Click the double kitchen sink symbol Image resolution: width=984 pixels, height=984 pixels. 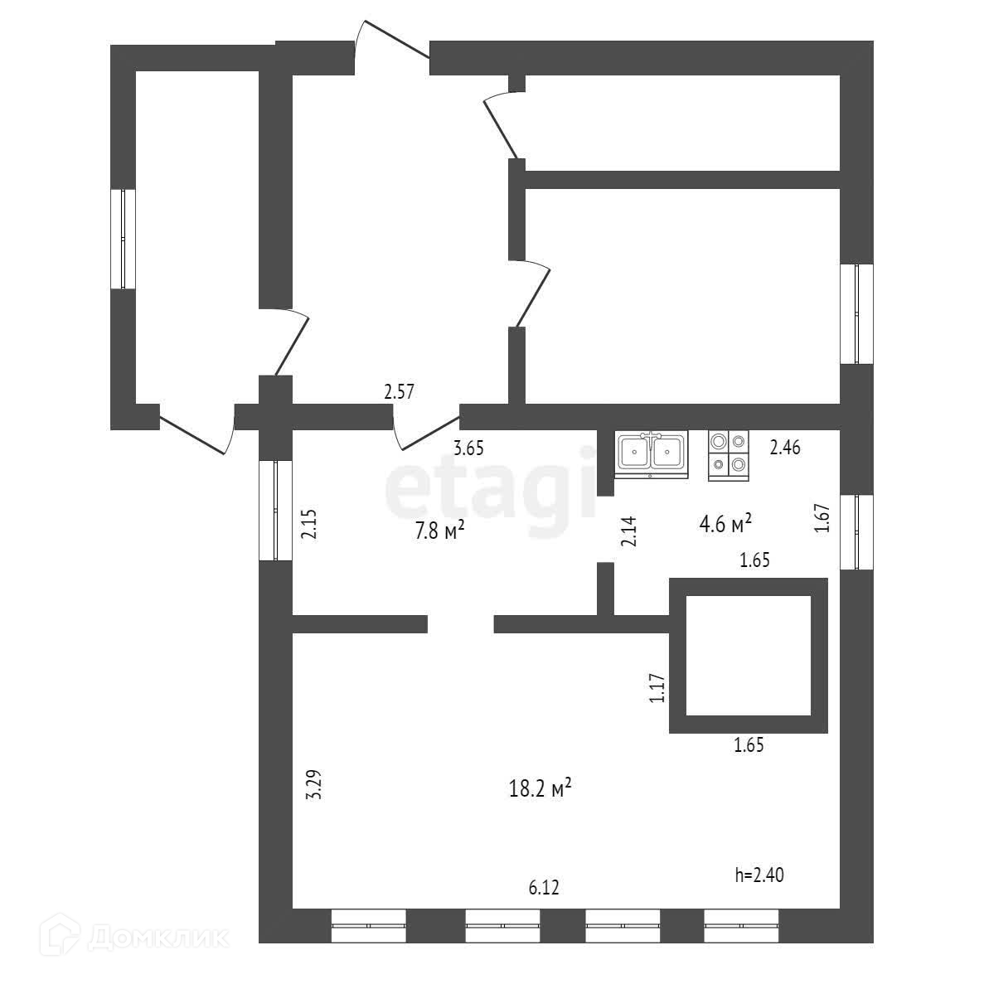(651, 454)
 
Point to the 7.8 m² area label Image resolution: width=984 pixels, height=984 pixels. (439, 531)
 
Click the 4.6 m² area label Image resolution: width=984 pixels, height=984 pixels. (725, 522)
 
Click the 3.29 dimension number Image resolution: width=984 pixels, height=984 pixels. (313, 784)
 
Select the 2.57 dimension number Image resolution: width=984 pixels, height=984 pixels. (399, 392)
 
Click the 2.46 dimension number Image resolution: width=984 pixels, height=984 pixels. (785, 448)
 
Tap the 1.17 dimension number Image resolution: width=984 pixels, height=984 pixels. (657, 688)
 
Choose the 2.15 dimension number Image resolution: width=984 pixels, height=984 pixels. (308, 524)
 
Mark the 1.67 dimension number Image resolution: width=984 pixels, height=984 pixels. (822, 519)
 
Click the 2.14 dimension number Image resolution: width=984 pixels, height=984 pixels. (628, 531)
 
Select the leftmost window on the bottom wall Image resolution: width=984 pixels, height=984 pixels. (368, 925)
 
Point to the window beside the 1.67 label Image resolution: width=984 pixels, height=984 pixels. (856, 532)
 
